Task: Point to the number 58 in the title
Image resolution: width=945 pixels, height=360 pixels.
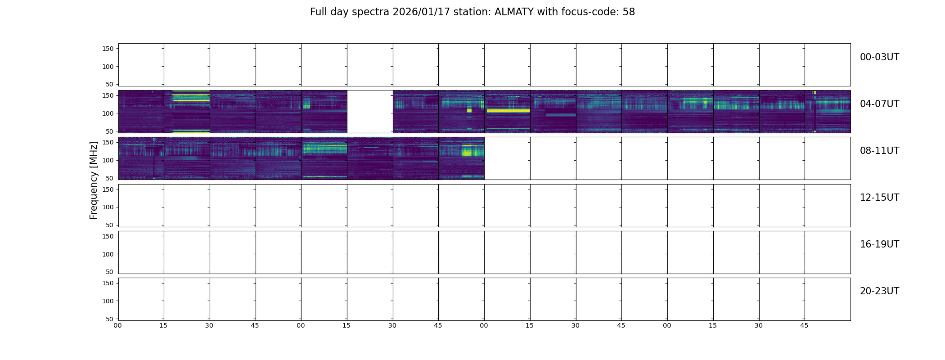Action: pyautogui.click(x=629, y=12)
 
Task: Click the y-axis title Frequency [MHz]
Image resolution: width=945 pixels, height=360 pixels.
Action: pyautogui.click(x=94, y=180)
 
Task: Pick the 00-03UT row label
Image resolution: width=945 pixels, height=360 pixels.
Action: pyautogui.click(x=879, y=57)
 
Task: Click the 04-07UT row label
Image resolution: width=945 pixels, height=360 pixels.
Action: pyautogui.click(x=879, y=104)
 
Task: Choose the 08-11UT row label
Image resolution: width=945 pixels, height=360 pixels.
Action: pyautogui.click(x=879, y=151)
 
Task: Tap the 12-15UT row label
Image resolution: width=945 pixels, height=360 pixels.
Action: pyautogui.click(x=879, y=198)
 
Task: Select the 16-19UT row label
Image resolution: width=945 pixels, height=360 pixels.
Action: pyautogui.click(x=879, y=244)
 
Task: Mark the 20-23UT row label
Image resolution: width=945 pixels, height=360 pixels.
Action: pyautogui.click(x=879, y=291)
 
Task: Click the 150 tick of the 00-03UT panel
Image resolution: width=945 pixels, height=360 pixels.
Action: pyautogui.click(x=108, y=49)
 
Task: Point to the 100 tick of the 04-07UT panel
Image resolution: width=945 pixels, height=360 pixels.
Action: pyautogui.click(x=108, y=113)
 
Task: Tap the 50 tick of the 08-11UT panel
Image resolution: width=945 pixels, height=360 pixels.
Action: pyautogui.click(x=110, y=178)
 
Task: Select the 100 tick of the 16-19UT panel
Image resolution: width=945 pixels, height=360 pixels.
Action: pyautogui.click(x=108, y=254)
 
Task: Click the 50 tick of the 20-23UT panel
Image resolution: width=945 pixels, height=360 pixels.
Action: pyautogui.click(x=110, y=319)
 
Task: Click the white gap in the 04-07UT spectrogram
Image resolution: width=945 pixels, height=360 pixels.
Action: pyautogui.click(x=370, y=112)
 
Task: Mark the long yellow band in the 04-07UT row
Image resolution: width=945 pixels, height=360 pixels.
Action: pyautogui.click(x=508, y=110)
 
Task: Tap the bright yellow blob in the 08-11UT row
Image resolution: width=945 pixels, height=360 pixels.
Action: pyautogui.click(x=467, y=152)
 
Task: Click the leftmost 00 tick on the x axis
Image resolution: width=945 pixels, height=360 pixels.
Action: pyautogui.click(x=117, y=325)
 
